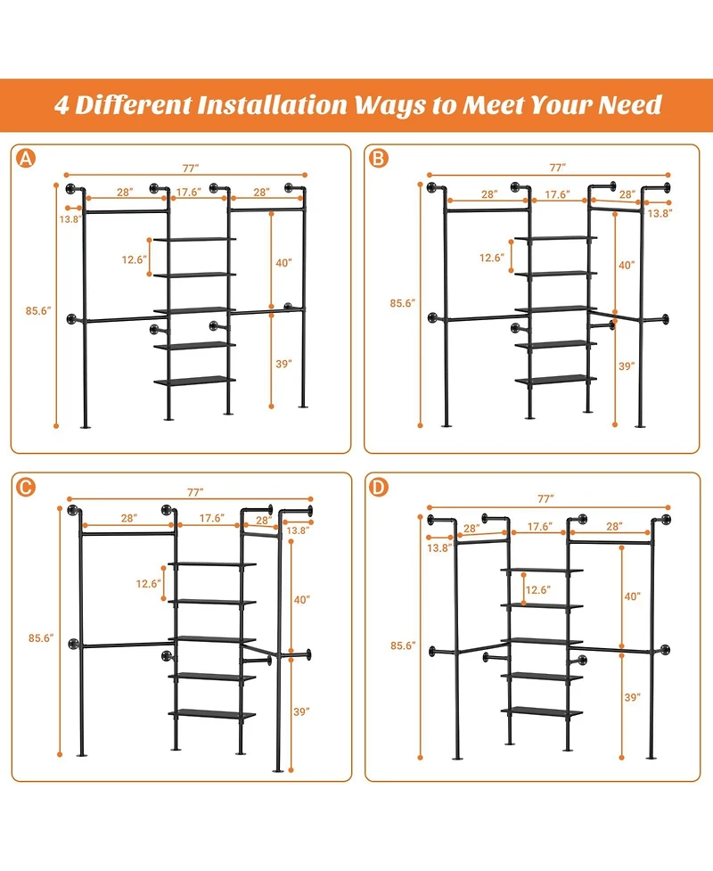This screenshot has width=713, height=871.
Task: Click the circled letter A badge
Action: (27, 159)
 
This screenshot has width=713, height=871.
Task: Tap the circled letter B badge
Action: (379, 159)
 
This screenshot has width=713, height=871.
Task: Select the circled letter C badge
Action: (27, 486)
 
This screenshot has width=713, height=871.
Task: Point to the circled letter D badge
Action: (380, 486)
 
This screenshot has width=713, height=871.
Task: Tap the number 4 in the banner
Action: (62, 104)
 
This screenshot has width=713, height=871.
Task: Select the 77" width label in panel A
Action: (188, 167)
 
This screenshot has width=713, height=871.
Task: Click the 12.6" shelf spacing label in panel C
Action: (148, 584)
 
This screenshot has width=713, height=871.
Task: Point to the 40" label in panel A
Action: (283, 262)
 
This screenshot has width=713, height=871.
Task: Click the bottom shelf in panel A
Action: (195, 380)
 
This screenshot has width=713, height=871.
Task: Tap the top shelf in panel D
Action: (542, 569)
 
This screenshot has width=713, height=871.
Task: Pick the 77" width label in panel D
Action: (545, 497)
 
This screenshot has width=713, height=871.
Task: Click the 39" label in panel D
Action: (632, 696)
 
